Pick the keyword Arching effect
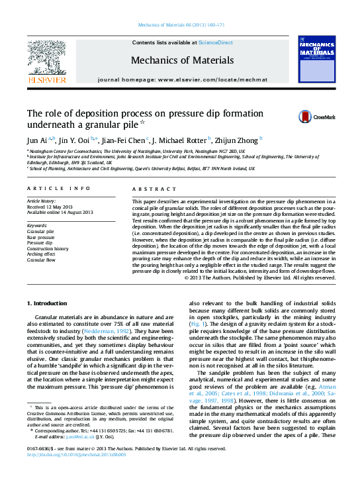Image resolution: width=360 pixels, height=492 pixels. pos(41,254)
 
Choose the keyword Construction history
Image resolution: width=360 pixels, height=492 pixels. pos(47,248)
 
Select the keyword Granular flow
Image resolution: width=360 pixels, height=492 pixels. pos(41,260)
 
